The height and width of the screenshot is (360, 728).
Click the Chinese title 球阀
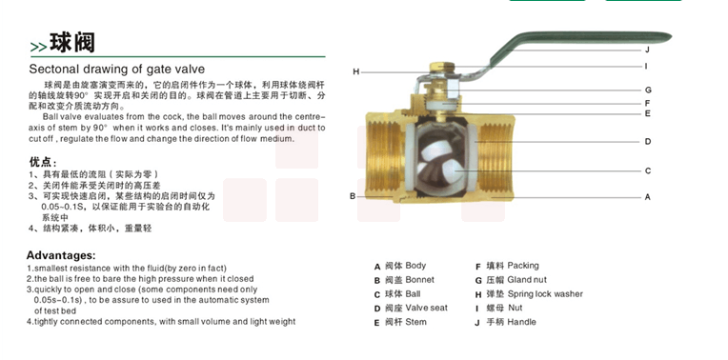coord(72,42)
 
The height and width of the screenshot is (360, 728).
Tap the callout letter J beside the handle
coord(647,50)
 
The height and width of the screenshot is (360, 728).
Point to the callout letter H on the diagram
coord(356,72)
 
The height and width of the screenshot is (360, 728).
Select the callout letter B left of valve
coord(353,196)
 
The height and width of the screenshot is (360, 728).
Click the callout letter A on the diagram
coord(648,197)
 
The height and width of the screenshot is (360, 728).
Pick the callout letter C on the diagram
coord(648,170)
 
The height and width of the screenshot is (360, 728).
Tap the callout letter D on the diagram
coord(648,142)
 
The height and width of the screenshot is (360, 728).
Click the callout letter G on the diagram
coord(648,90)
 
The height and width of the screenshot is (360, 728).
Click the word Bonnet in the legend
coord(419,280)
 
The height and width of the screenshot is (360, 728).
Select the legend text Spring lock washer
coord(545,294)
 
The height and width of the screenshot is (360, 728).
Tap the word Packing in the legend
coord(523,266)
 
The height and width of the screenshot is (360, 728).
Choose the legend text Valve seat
coord(427,308)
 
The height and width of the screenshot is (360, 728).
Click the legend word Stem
coord(416,322)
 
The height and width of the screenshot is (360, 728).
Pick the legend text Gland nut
coord(527,280)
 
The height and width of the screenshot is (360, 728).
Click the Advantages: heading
coord(61,255)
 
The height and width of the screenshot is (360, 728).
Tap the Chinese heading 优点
coord(43,162)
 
